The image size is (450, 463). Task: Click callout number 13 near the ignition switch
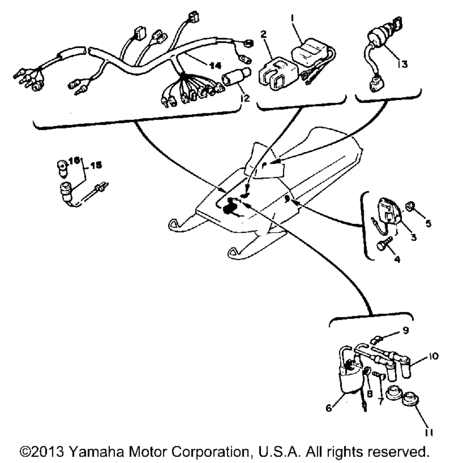coord(402,64)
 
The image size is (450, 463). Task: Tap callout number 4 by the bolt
coord(397,259)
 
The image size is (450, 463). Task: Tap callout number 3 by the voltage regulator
coord(412,236)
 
